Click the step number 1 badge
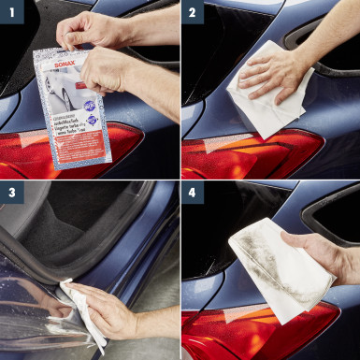click(10, 11)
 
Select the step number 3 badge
click(10, 193)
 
